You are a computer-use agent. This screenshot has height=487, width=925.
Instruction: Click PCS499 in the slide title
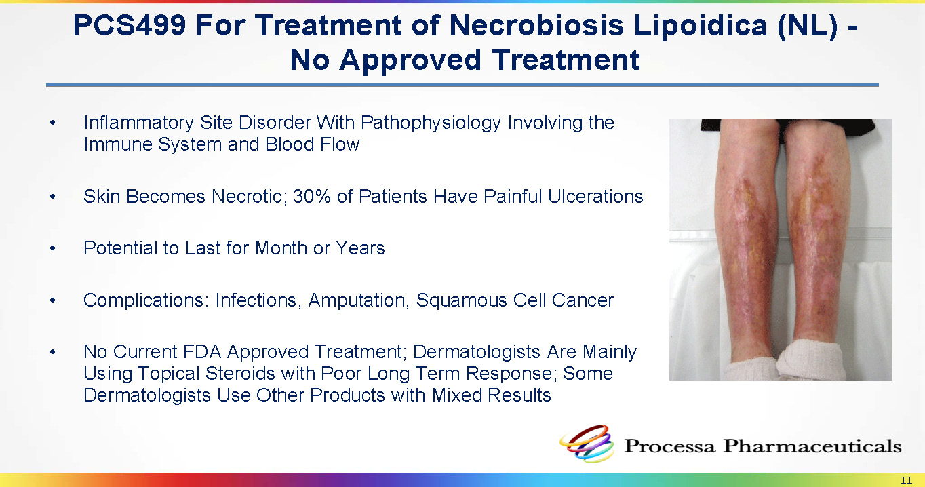click(x=130, y=25)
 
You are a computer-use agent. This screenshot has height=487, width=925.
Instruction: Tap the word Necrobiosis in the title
click(x=536, y=25)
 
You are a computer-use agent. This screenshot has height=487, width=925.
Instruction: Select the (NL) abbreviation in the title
click(x=807, y=26)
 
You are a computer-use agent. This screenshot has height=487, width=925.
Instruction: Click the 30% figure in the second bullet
click(x=312, y=196)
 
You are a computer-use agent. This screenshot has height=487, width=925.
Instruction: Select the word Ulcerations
click(x=595, y=196)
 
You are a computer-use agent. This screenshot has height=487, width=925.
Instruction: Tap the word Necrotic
click(x=249, y=196)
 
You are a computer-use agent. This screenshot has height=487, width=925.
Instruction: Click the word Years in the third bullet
click(x=359, y=248)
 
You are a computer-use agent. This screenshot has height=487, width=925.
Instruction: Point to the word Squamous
click(x=461, y=301)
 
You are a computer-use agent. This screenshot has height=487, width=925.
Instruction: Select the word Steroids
click(x=240, y=374)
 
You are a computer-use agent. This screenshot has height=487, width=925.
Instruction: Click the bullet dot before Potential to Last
click(x=52, y=248)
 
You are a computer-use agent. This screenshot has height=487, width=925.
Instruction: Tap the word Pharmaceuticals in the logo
click(x=812, y=446)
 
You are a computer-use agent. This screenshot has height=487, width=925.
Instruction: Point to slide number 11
click(x=906, y=480)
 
